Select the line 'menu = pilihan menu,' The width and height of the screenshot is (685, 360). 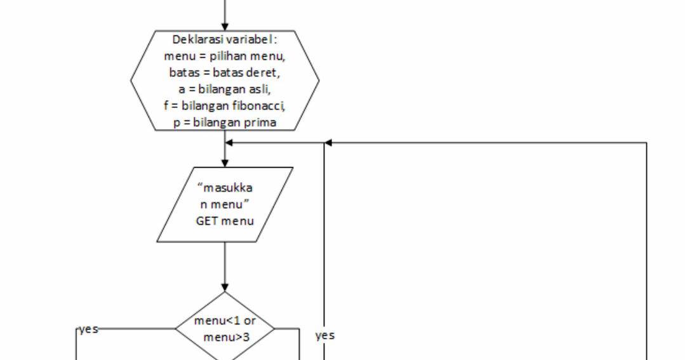tap(225, 56)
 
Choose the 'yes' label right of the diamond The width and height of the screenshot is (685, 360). tap(324, 335)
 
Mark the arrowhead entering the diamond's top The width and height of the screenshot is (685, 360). tap(225, 287)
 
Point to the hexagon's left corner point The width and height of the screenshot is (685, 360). tap(131, 80)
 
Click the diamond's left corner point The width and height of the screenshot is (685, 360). tap(176, 330)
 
